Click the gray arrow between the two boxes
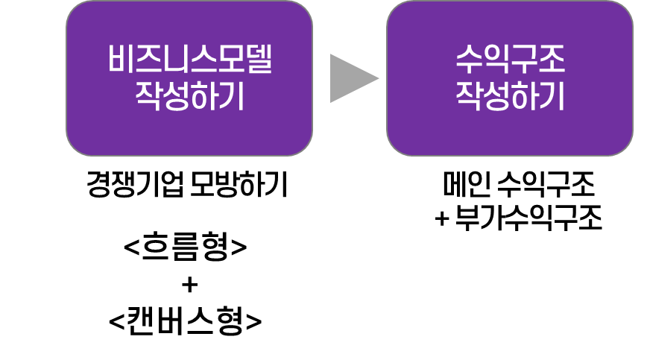point(352,78)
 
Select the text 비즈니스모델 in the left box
point(189,60)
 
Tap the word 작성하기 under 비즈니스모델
point(189,97)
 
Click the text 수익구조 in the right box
point(510,60)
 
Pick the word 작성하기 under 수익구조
point(510,97)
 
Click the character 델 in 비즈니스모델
point(258,60)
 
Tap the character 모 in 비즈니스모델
point(230,60)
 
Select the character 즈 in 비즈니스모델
point(148,60)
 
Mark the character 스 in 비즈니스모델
point(203,60)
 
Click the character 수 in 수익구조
point(469,60)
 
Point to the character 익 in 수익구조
point(496,60)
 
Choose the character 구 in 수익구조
point(523,60)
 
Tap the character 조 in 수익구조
point(551,60)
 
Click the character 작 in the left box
point(148,97)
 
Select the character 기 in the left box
point(231,97)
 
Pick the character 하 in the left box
point(203,97)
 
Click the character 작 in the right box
point(469,97)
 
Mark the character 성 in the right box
point(496,97)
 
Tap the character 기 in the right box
point(552,97)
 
